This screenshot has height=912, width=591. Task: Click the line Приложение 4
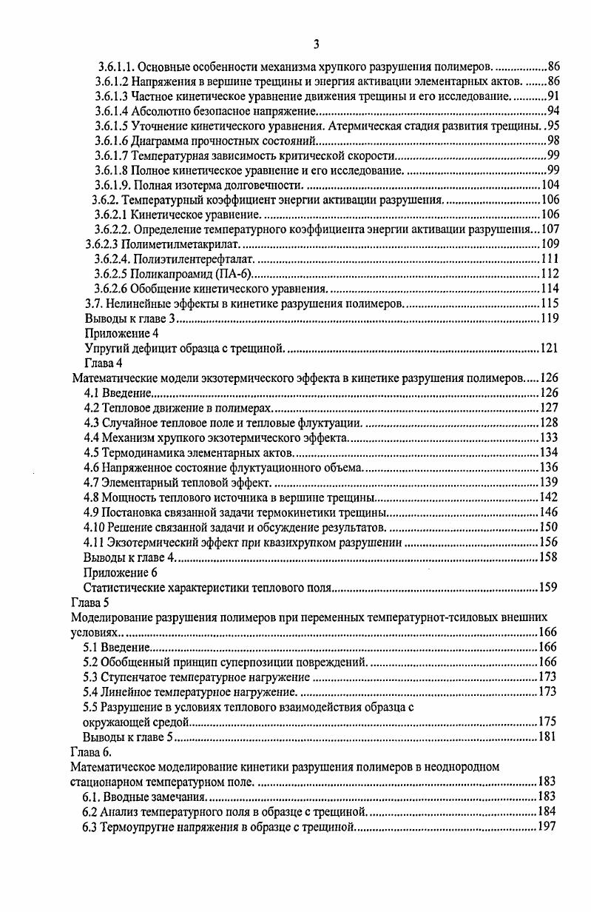(121, 333)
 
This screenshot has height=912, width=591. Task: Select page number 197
(547, 826)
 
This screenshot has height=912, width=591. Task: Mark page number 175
(547, 722)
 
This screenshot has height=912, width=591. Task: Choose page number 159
(547, 588)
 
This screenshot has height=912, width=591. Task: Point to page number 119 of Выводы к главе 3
(549, 318)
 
